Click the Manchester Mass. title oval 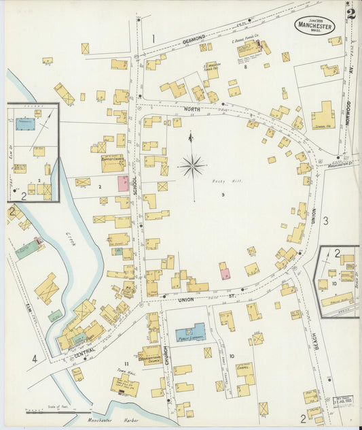(314, 26)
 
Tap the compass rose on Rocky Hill (192, 165)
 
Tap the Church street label (166, 362)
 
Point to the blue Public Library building (191, 333)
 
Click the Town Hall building (125, 386)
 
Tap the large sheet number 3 (325, 220)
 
